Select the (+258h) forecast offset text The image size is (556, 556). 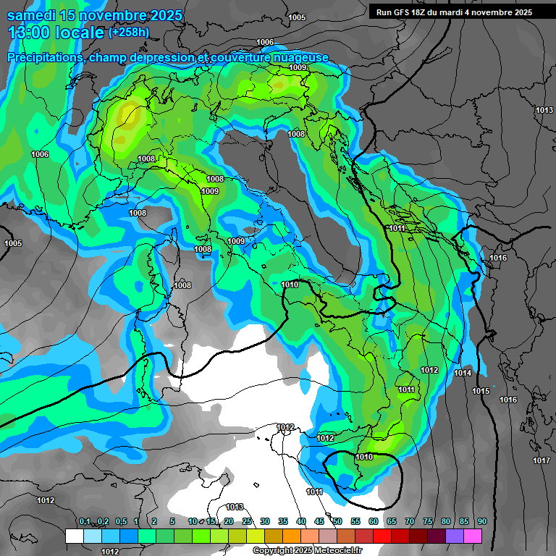click(130, 32)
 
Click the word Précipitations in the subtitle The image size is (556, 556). click(45, 57)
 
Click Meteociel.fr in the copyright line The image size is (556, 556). click(335, 550)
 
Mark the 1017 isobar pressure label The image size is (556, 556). click(541, 460)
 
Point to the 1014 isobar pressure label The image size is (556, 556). click(463, 373)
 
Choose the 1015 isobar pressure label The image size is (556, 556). click(481, 391)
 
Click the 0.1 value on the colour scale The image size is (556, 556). click(85, 522)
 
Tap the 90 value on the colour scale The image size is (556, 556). click(481, 522)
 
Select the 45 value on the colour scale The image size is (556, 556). click(319, 522)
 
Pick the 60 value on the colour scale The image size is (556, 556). click(374, 522)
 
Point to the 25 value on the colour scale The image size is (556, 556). click(247, 522)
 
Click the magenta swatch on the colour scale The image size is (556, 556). click(473, 536)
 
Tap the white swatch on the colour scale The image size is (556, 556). click(74, 536)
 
